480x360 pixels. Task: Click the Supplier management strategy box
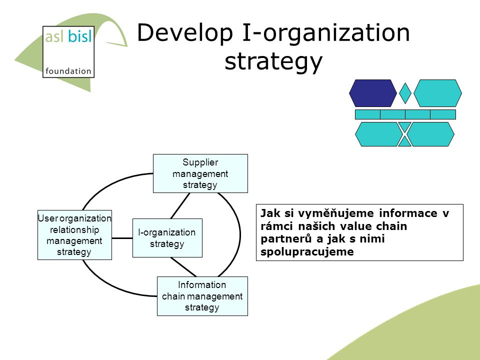pos(200,173)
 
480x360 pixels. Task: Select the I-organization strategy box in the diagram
pos(167,238)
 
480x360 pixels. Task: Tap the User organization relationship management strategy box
pos(74,235)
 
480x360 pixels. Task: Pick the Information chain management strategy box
pos(202,296)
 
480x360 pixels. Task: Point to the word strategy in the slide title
pos(273,61)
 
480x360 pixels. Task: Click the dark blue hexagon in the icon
pos(373,93)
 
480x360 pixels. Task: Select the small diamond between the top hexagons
pos(405,93)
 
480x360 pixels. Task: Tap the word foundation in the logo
pos(68,71)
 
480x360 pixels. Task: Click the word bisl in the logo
pos(79,36)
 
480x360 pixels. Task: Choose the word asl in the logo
pos(54,36)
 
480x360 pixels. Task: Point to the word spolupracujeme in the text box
pos(307,252)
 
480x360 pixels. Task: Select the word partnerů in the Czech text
pos(287,239)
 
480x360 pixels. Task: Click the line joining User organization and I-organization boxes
pos(122,238)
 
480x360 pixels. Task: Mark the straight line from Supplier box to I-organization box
pos(180,205)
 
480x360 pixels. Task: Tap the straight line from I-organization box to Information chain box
pos(183,267)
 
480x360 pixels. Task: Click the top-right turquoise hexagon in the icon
pos(437,93)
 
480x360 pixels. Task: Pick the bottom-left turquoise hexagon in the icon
pos(379,134)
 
